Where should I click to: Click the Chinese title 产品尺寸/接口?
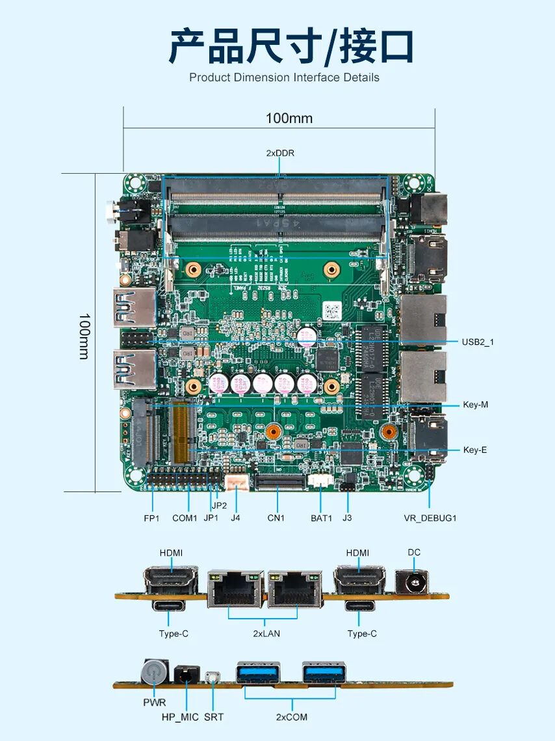coord(291,46)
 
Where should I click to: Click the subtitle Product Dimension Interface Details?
coord(284,77)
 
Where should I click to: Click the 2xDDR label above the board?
coord(280,154)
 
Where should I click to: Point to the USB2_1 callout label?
coord(478,342)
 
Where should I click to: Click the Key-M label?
coord(475,405)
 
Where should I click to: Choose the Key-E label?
coord(474,450)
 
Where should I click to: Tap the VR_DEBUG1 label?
coord(430,518)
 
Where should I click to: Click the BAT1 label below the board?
coord(321,518)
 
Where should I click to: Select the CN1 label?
coord(276,518)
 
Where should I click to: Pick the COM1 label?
coord(185,518)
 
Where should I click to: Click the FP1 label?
coord(151,518)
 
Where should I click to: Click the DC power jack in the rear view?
coord(412,581)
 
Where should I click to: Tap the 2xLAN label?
coord(266,633)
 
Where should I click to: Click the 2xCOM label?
coord(291,717)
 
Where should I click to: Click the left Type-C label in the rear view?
coord(174,633)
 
